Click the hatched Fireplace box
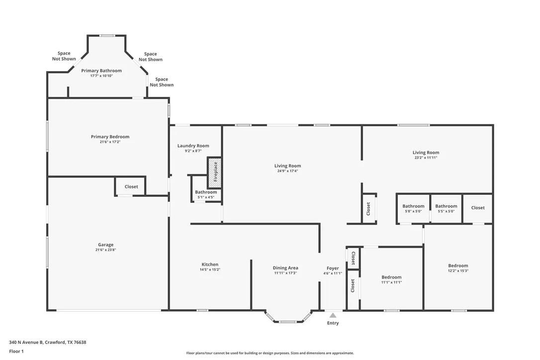pos(214,173)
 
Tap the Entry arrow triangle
pos(333,315)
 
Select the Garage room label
pos(106,245)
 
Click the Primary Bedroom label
pos(110,137)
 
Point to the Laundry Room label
pos(193,146)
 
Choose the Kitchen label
pos(210,265)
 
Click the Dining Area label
pos(285,268)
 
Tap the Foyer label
pos(333,269)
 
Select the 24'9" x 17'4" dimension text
pos(287,171)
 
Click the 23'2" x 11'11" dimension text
pos(426,158)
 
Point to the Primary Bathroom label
pos(101,71)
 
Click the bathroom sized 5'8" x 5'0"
pos(413,209)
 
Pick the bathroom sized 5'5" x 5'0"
pos(446,209)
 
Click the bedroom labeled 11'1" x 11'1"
pos(391,278)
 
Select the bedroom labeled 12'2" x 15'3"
pos(458,267)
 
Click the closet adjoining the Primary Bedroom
pos(130,186)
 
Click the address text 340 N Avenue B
pos(26,343)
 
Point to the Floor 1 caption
pos(16,352)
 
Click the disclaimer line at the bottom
pos(270,353)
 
